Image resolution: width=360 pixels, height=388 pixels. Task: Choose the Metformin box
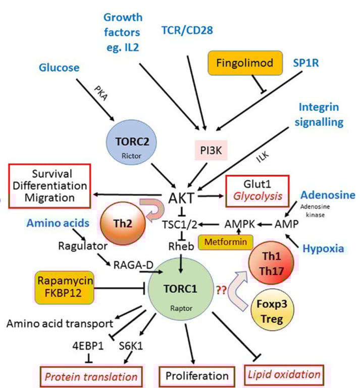[225, 243]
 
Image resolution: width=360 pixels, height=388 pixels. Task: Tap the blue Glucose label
[60, 68]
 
